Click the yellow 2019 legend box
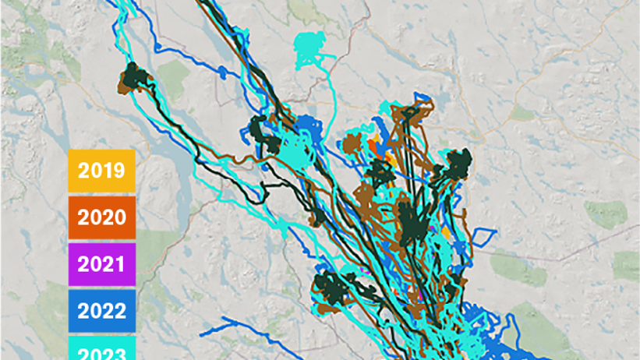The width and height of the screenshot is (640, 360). pos(101,170)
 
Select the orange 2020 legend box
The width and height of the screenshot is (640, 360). pos(101,217)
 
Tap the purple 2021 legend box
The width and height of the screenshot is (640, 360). pos(101,263)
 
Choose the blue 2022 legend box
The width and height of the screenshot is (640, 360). pos(101,311)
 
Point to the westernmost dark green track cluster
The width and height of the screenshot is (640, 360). pos(134,79)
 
